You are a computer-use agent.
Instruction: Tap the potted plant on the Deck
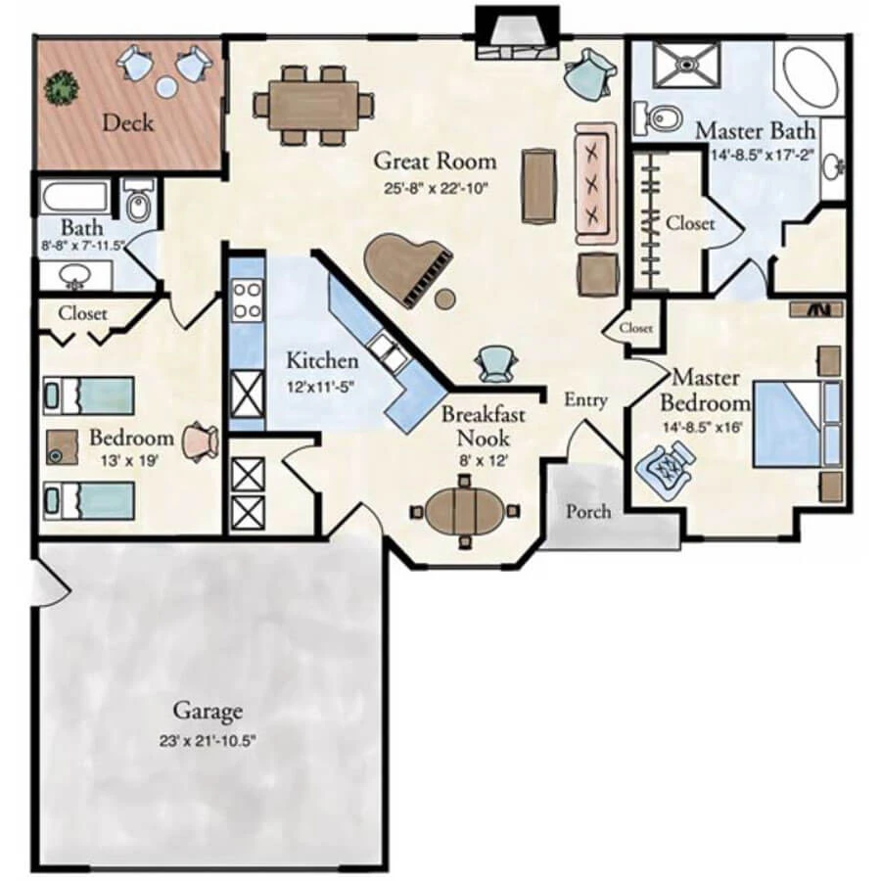(64, 88)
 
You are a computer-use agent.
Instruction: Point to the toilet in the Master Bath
(661, 117)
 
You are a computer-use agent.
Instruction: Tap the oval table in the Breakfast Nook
(466, 511)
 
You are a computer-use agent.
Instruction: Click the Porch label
(589, 511)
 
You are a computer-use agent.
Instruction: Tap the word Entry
(586, 399)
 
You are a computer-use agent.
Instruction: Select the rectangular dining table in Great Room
(313, 103)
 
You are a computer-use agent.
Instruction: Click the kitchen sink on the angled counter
(385, 350)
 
